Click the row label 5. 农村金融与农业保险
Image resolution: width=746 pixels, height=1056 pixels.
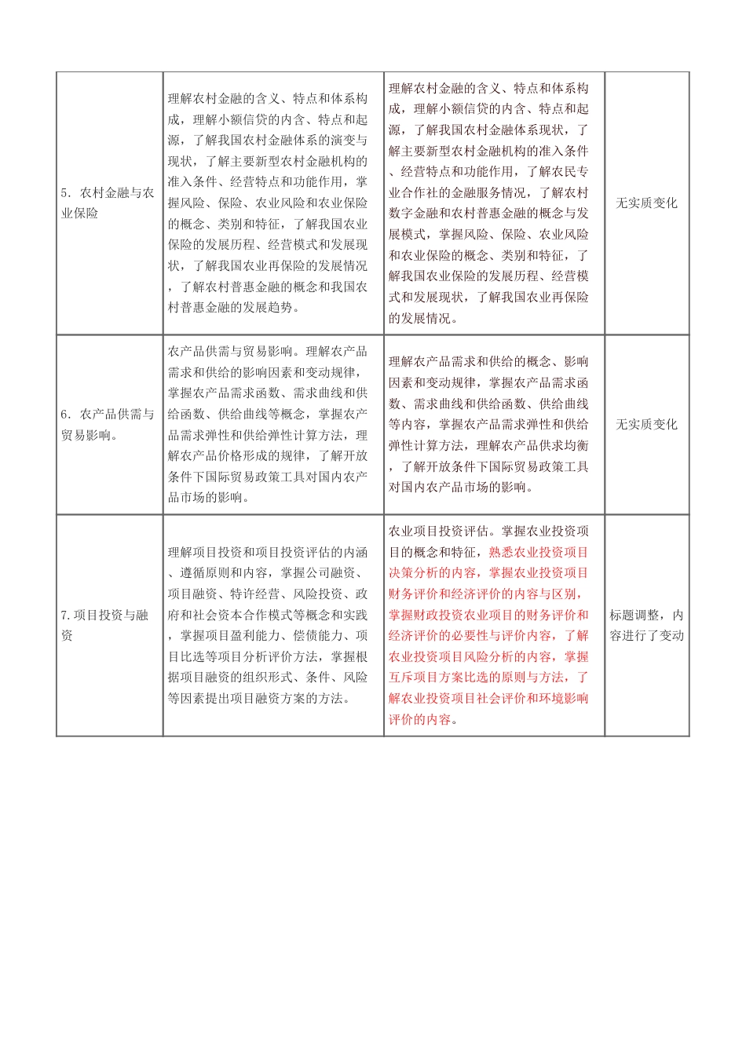pyautogui.click(x=108, y=203)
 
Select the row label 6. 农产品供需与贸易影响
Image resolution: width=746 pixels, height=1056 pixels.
pyautogui.click(x=108, y=424)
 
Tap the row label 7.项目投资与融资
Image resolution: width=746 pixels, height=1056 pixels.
pyautogui.click(x=105, y=625)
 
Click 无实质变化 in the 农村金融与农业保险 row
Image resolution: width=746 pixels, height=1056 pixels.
pyautogui.click(x=646, y=203)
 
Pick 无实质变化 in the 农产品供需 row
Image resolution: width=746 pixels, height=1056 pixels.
pyautogui.click(x=646, y=425)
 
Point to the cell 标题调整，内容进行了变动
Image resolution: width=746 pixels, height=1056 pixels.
pyautogui.click(x=646, y=625)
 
